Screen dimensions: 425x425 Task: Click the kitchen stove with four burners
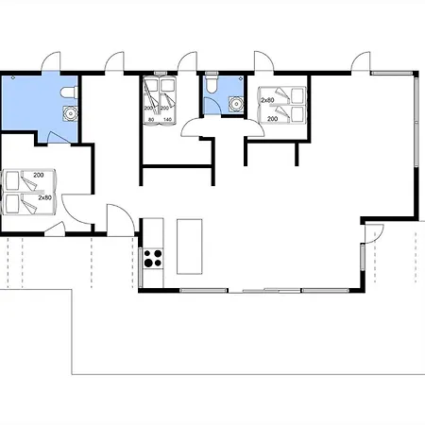tap(153, 258)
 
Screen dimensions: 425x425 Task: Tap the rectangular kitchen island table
tap(189, 246)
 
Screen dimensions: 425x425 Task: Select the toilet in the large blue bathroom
tap(69, 93)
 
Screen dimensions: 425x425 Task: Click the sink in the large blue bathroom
tap(70, 113)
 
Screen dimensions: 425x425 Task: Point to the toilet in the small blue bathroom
tap(212, 83)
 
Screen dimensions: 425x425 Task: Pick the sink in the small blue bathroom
tap(236, 104)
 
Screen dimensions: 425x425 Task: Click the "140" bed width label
tap(168, 119)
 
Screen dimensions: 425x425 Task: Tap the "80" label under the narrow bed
tap(151, 119)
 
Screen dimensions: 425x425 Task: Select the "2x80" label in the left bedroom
tap(45, 197)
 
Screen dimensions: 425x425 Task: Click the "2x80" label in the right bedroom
tap(267, 100)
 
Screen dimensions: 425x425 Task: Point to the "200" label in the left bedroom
tap(39, 175)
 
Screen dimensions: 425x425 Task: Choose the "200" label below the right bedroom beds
tap(272, 119)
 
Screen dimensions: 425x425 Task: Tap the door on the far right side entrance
tap(374, 234)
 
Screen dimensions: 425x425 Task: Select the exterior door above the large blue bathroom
tap(50, 61)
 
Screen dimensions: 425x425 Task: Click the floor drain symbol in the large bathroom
tap(13, 77)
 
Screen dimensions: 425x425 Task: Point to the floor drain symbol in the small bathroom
tap(241, 77)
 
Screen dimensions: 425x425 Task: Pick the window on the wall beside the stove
tap(141, 267)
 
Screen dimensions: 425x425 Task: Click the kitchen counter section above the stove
tap(153, 233)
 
